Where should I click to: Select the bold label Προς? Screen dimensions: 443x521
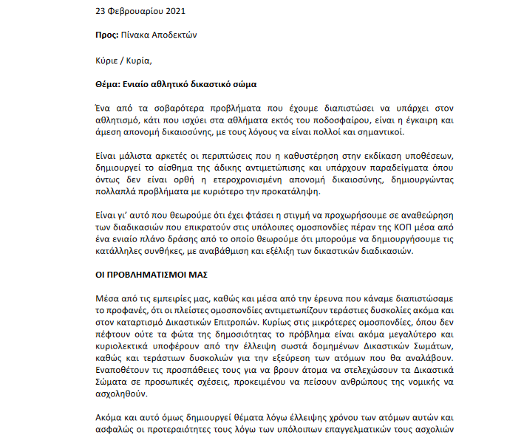109,35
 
